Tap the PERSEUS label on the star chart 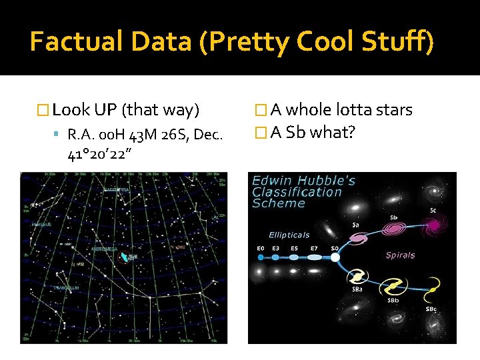pos(40,225)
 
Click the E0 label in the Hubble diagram pos(261,248)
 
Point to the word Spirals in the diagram pos(400,255)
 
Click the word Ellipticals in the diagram pos(289,235)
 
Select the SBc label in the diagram pos(431,309)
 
